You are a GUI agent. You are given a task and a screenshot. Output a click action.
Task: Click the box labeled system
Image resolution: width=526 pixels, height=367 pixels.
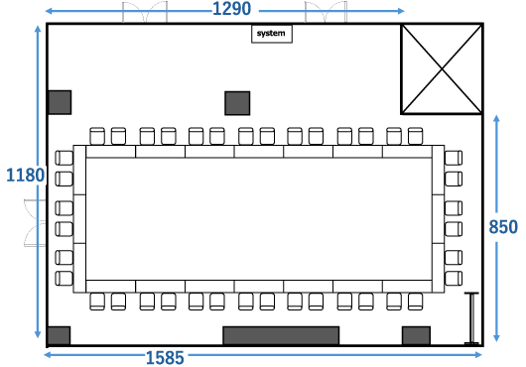pyautogui.click(x=272, y=34)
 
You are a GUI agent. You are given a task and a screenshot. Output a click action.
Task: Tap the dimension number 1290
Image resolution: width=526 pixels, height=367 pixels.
pyautogui.click(x=232, y=9)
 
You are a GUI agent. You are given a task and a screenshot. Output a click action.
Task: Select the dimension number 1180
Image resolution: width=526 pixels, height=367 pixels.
pyautogui.click(x=25, y=176)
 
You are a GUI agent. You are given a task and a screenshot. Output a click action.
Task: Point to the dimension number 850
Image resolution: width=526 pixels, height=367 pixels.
pyautogui.click(x=503, y=227)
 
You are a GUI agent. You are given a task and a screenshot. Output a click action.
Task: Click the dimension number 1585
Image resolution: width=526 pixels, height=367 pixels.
pyautogui.click(x=165, y=358)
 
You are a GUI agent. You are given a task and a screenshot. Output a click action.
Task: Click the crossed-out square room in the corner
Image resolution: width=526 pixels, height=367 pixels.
pyautogui.click(x=442, y=69)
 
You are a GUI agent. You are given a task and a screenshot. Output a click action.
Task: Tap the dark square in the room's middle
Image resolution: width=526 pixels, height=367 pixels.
pyautogui.click(x=237, y=103)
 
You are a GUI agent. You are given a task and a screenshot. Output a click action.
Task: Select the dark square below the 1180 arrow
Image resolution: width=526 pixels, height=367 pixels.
pyautogui.click(x=59, y=335)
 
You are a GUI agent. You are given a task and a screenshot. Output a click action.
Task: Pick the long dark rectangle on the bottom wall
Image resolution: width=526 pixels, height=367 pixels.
pyautogui.click(x=281, y=335)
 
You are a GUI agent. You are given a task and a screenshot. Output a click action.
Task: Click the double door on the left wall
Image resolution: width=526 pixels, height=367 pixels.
pyautogui.click(x=35, y=223)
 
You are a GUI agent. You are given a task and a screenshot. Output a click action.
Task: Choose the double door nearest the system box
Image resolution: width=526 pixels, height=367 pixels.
pyautogui.click(x=326, y=13)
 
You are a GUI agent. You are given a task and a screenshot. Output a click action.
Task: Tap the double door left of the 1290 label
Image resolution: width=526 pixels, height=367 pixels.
pyautogui.click(x=145, y=13)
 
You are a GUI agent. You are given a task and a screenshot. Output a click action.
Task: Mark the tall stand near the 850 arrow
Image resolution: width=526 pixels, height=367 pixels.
pyautogui.click(x=471, y=318)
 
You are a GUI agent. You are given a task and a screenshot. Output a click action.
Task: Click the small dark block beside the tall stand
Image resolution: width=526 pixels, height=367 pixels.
pyautogui.click(x=416, y=335)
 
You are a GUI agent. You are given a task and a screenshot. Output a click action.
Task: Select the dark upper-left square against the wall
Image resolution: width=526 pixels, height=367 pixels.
pyautogui.click(x=60, y=102)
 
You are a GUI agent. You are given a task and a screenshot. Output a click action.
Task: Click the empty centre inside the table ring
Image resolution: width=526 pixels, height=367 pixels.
pyautogui.click(x=259, y=218)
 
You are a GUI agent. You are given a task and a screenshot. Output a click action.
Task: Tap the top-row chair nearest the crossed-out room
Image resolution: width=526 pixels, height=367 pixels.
pyautogui.click(x=415, y=136)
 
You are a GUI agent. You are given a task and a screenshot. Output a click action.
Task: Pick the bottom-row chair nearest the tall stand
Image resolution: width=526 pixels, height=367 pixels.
pyautogui.click(x=415, y=302)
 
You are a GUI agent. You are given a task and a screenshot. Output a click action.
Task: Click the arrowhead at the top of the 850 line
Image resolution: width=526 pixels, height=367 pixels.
pyautogui.click(x=497, y=118)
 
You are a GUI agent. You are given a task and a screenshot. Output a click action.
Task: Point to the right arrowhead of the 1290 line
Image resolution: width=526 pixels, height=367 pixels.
pyautogui.click(x=401, y=11)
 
